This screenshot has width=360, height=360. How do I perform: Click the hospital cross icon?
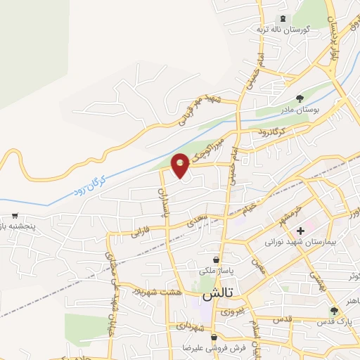(x=300, y=231)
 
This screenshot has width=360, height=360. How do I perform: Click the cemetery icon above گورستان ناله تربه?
(x=283, y=18)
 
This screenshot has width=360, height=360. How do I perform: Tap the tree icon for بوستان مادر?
(x=300, y=98)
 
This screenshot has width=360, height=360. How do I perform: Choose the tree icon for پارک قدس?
(x=334, y=310)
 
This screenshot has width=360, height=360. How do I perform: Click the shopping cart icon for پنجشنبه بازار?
(x=15, y=217)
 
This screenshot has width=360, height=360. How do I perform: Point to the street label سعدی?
(x=198, y=220)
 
